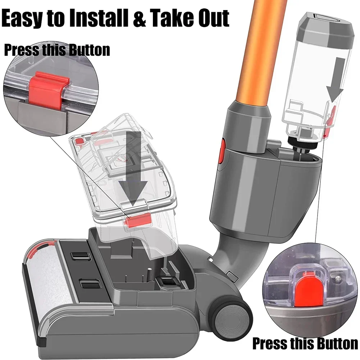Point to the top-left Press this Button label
[x=57, y=50]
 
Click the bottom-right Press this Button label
[x=305, y=343]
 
